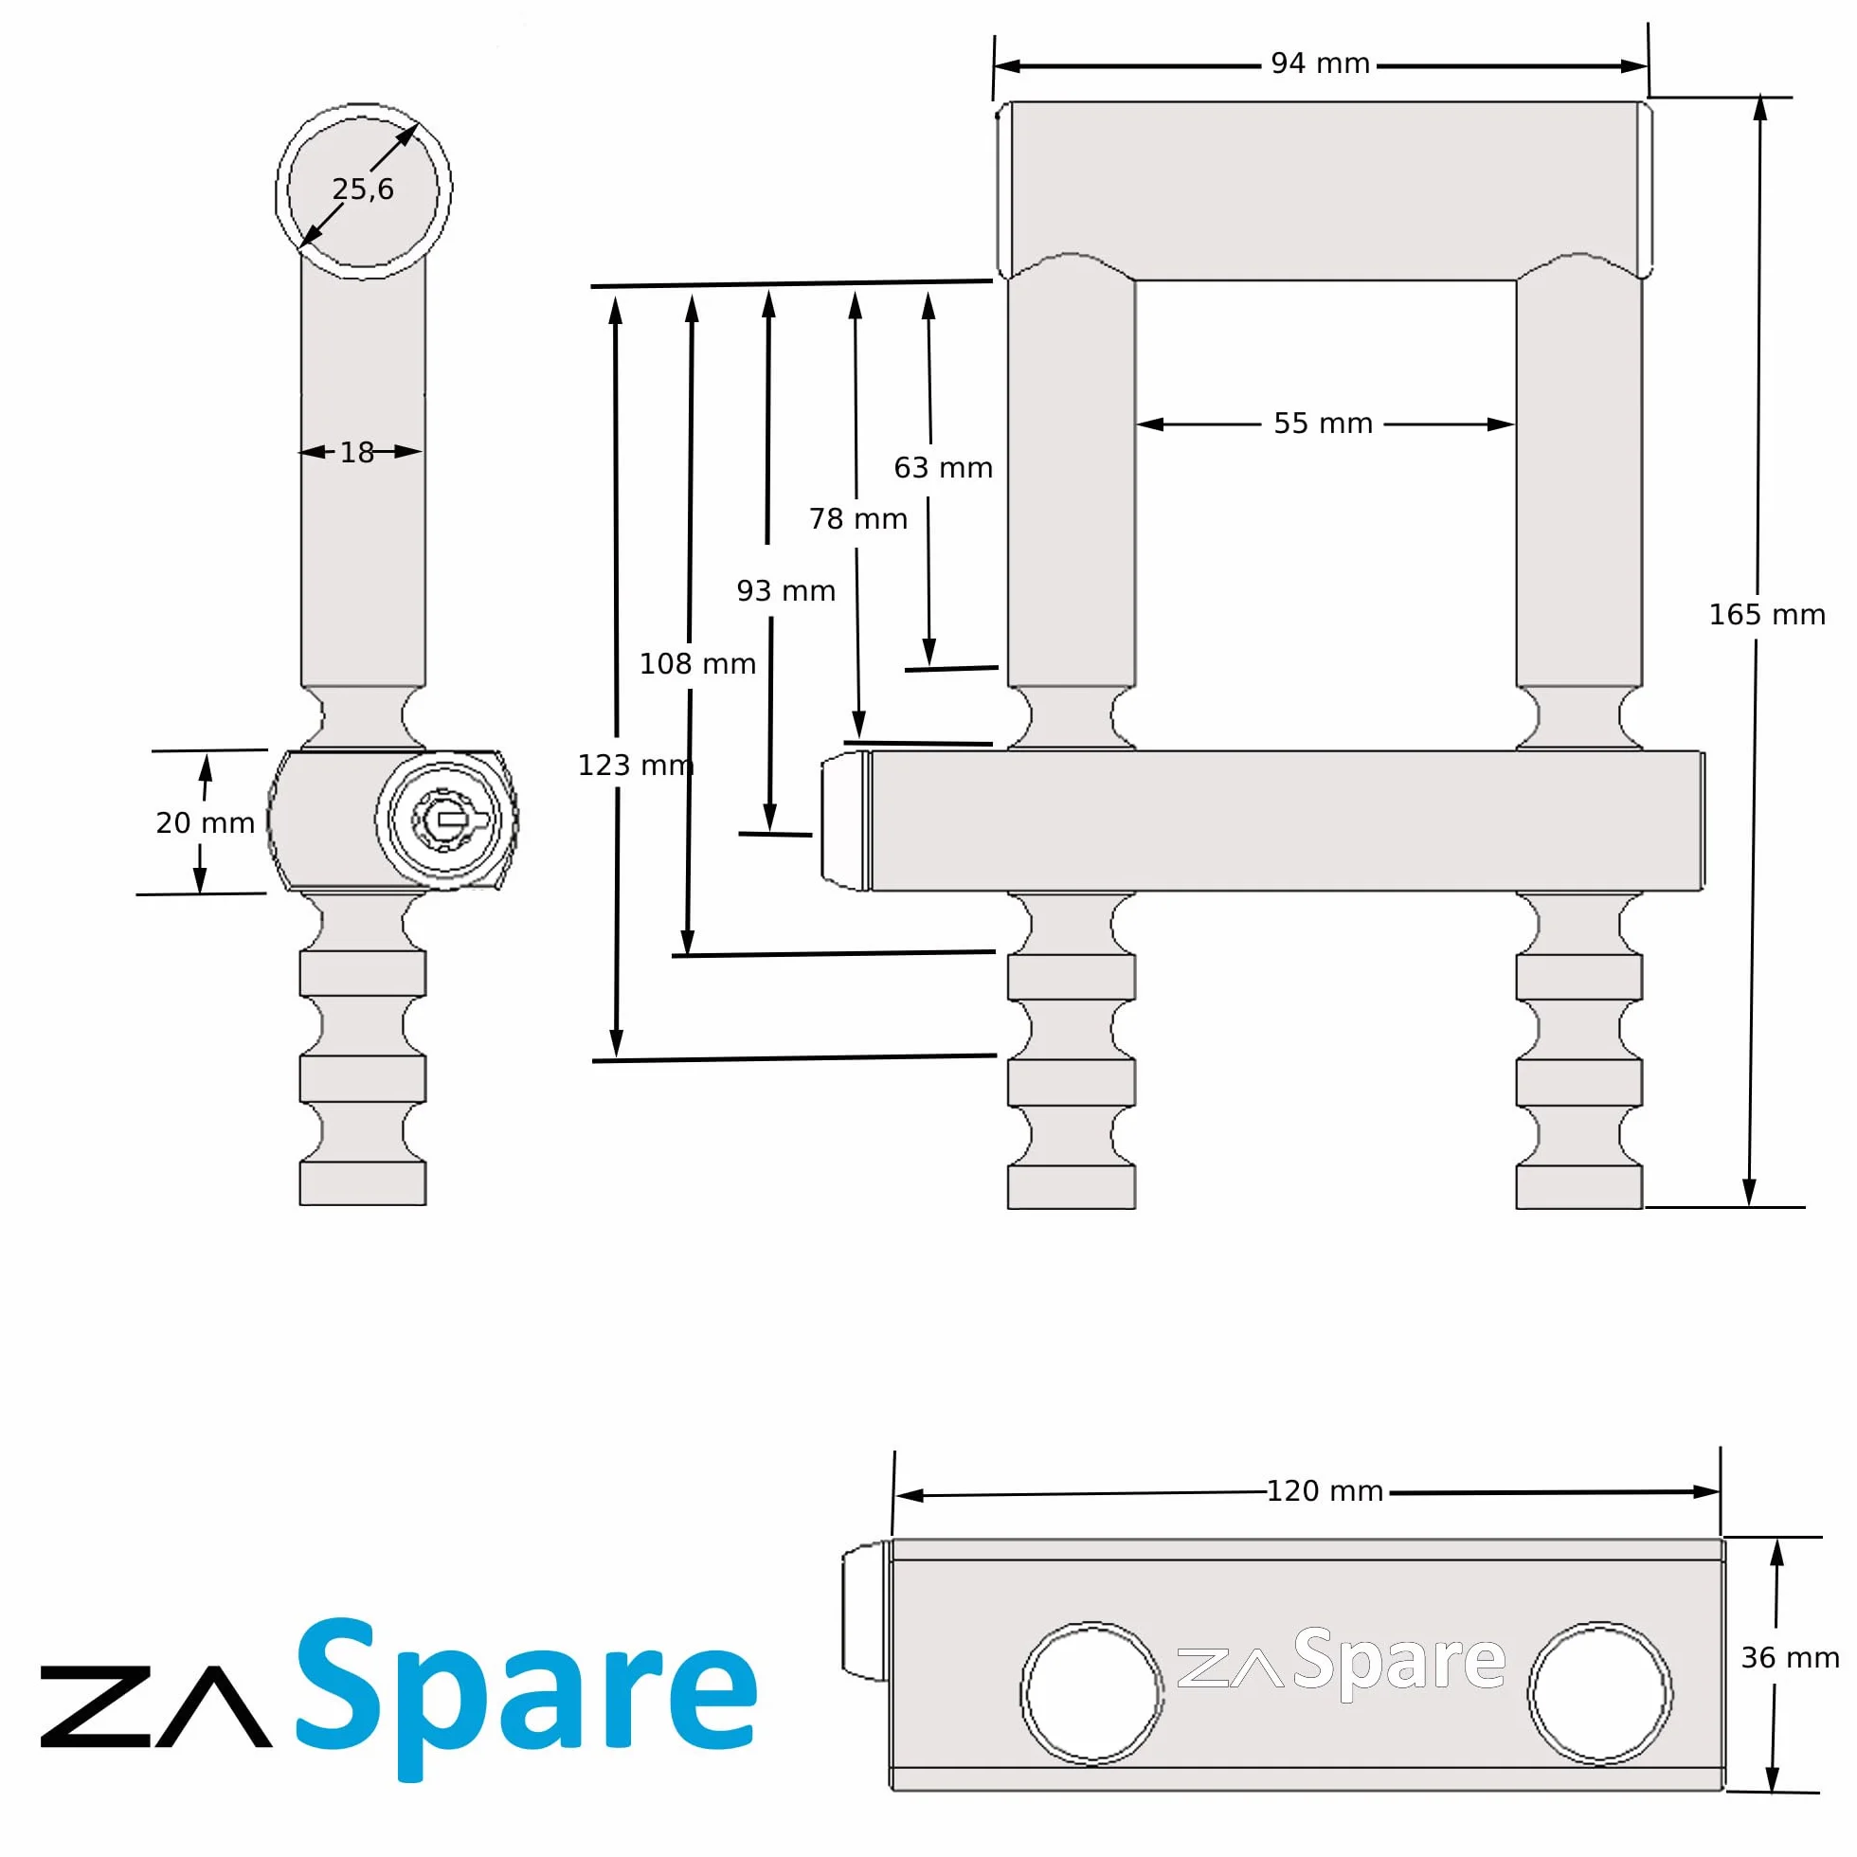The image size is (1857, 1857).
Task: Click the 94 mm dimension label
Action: pos(1320,63)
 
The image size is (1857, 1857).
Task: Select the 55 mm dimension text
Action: pos(1323,423)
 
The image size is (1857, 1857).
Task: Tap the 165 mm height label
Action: pos(1767,614)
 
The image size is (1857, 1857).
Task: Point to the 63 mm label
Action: pos(943,467)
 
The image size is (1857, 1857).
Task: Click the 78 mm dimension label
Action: pos(857,519)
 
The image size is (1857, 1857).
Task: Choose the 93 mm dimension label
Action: pos(786,590)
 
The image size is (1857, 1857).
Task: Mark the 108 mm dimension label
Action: pos(698,663)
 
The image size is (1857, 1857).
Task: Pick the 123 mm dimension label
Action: pos(636,765)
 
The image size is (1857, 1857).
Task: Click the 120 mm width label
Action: pos(1325,1490)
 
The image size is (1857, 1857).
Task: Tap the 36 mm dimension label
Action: pos(1790,1657)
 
